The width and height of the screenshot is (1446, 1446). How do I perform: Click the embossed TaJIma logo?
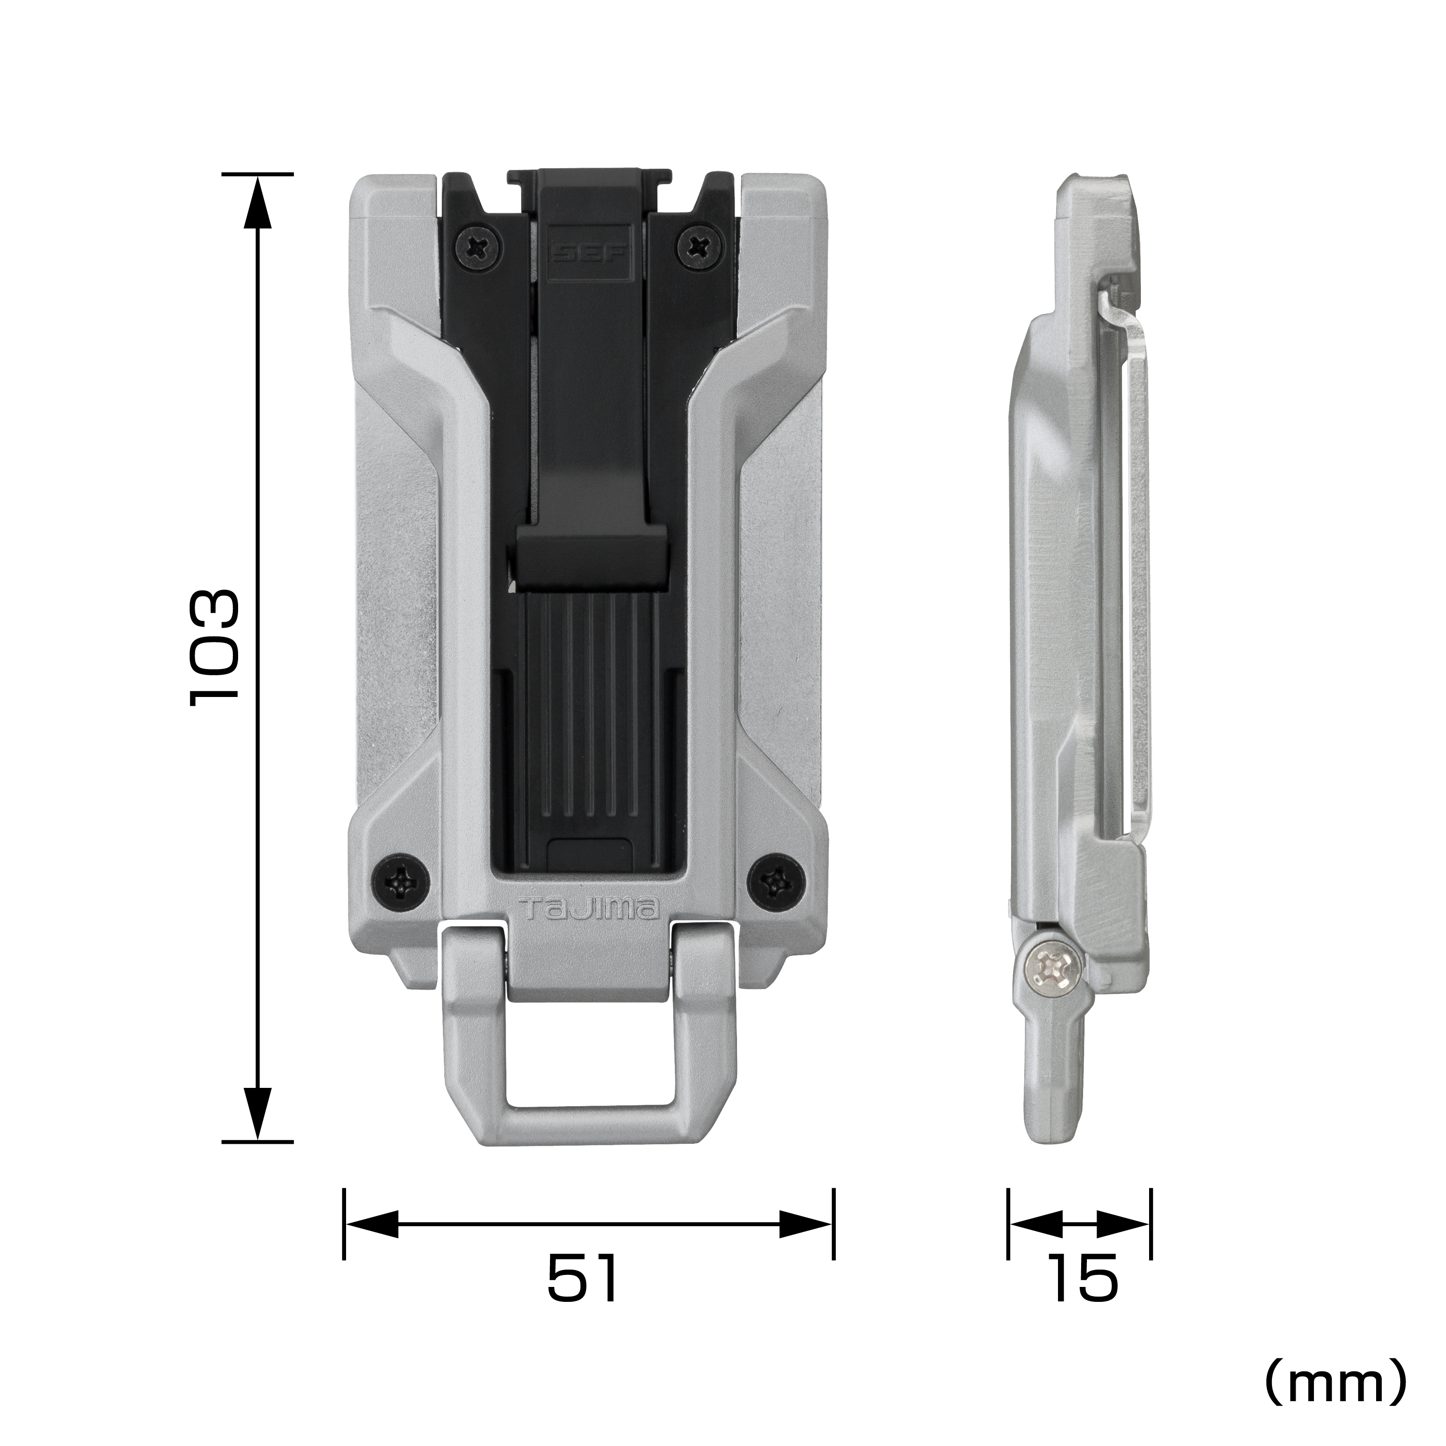[x=588, y=910]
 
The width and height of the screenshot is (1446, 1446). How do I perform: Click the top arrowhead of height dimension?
[x=257, y=202]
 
